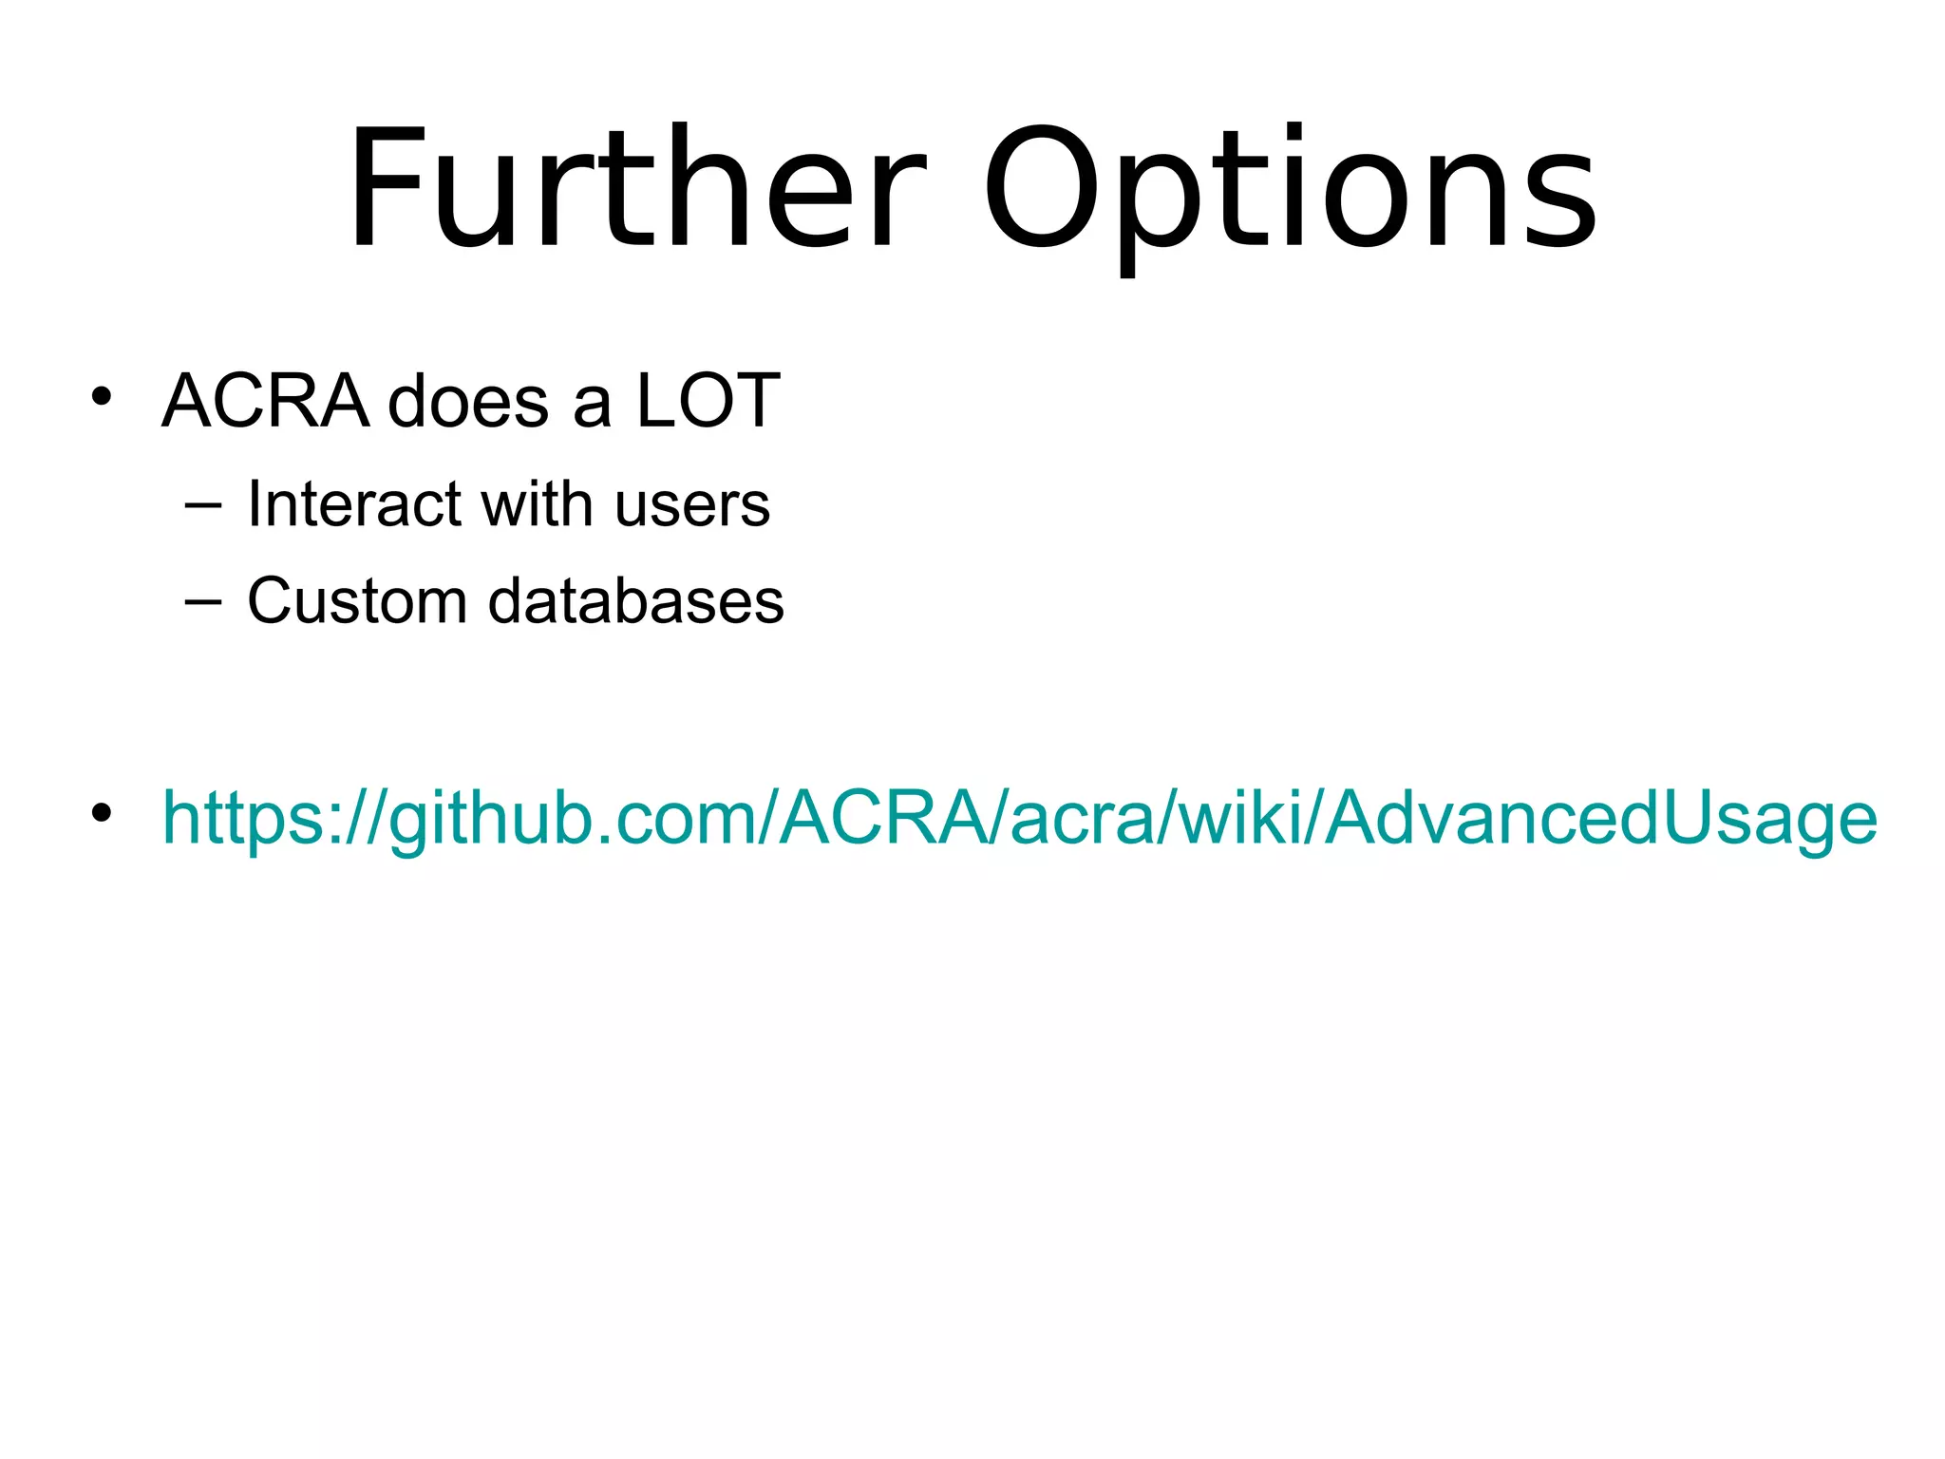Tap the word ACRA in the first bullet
(265, 401)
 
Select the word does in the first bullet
(468, 401)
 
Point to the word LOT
(708, 401)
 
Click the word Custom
(358, 601)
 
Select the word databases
(636, 601)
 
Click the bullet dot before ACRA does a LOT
(102, 396)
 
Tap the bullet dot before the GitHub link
(102, 813)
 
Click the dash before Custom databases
(202, 601)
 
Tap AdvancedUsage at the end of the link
(1601, 819)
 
